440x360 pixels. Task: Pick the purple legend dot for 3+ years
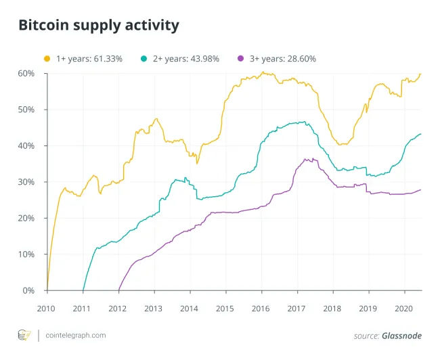click(242, 59)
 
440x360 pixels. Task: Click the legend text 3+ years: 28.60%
click(283, 59)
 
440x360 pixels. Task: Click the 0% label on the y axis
click(28, 291)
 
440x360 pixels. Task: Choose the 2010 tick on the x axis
click(47, 308)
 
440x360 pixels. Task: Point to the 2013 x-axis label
click(154, 308)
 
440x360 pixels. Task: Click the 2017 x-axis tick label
click(296, 308)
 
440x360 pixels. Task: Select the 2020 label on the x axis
click(403, 308)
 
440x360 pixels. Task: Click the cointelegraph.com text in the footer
click(79, 336)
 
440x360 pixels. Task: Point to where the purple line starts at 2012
click(118, 290)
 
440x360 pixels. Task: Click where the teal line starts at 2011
click(83, 290)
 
